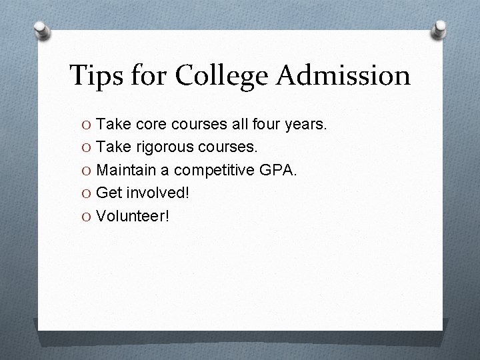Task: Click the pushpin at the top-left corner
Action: (x=41, y=31)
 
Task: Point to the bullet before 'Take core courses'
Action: (x=87, y=124)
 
